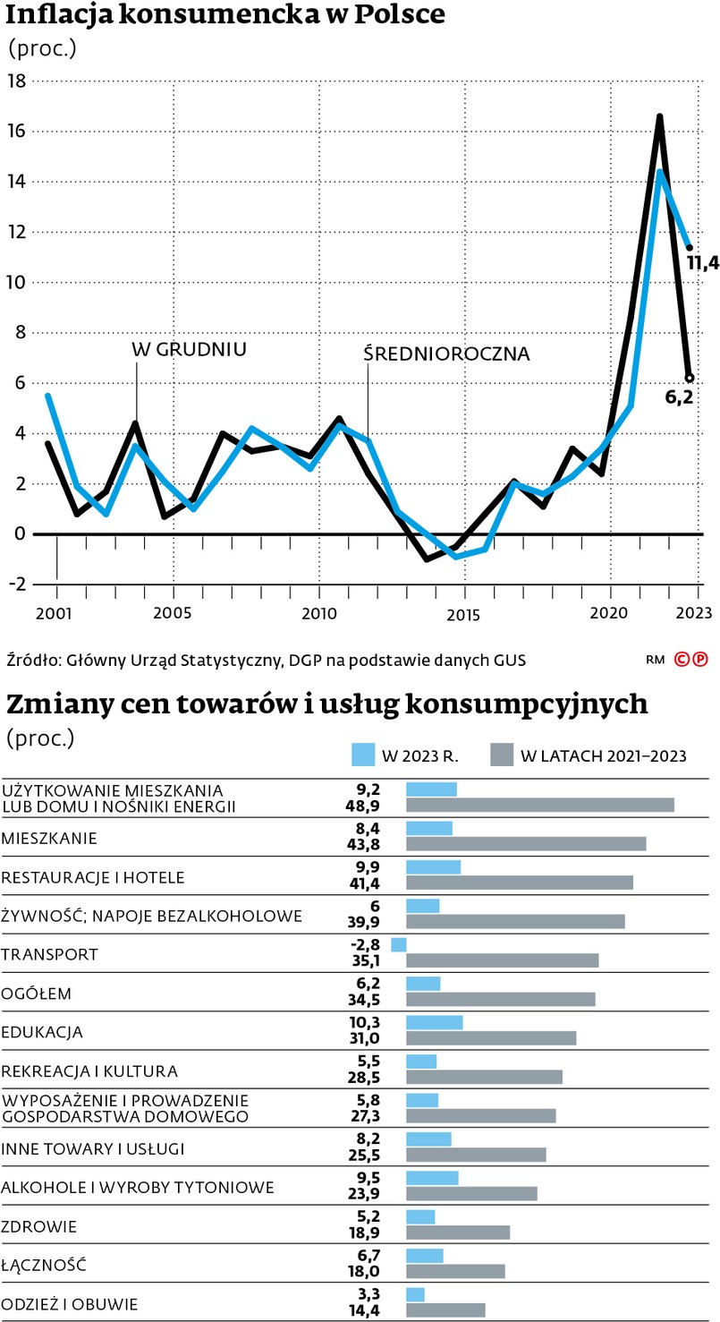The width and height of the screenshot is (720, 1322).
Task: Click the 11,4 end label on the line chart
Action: coord(703,262)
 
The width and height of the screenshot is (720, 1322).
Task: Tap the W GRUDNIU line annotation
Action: coord(189,349)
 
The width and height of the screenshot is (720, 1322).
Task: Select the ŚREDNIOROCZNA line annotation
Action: coord(446,354)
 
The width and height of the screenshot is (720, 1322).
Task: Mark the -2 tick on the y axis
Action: coord(16,584)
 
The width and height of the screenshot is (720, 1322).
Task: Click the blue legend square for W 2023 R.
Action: coord(363,755)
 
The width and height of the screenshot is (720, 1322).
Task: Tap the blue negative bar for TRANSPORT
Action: coord(399,944)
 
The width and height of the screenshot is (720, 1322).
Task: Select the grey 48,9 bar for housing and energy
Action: coord(539,805)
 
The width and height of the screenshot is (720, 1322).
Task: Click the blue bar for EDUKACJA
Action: coord(434,1022)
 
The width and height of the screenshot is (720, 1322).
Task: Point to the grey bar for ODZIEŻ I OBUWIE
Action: coord(445,1310)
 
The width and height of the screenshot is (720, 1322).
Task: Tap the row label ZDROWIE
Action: coord(38,1225)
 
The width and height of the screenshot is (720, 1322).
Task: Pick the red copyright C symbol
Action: coord(682,661)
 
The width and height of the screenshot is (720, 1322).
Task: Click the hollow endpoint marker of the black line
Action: coord(689,378)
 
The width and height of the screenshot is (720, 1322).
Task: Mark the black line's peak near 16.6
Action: coord(659,116)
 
